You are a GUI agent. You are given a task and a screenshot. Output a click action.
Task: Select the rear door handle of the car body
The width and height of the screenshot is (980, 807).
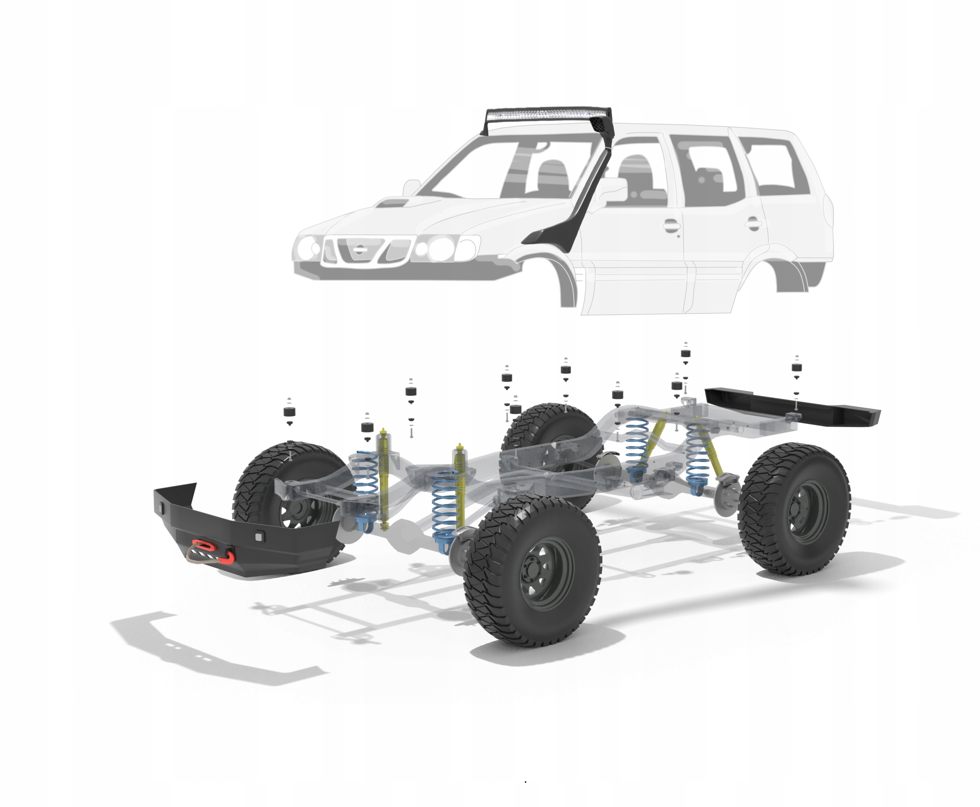click(x=752, y=224)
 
